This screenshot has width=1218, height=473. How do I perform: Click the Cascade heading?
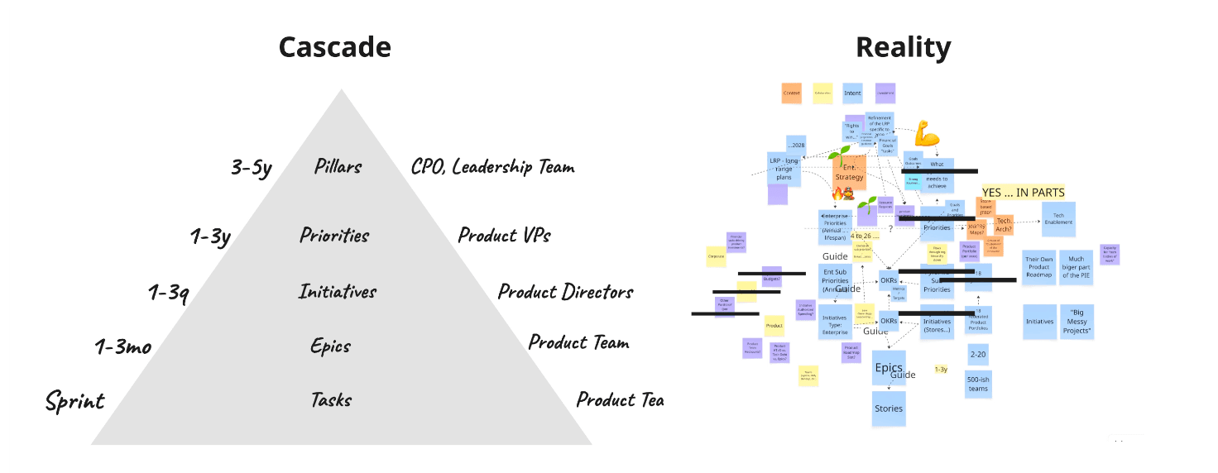coord(334,47)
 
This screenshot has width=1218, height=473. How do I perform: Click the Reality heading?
coord(903,47)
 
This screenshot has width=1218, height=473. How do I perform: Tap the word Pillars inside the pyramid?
coord(338,166)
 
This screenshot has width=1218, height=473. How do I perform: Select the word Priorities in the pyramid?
coord(334,235)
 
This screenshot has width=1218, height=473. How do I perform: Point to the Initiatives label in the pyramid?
coord(337,291)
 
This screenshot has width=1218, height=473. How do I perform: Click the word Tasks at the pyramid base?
coord(331,400)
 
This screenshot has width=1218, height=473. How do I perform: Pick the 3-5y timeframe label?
coord(252,167)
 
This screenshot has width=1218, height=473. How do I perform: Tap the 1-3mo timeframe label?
coord(123,346)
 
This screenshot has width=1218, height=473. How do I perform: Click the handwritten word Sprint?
coord(75,402)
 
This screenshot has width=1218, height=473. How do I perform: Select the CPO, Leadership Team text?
coord(492,167)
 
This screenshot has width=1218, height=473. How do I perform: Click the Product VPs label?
coord(504,235)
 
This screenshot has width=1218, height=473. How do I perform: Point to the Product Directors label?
coord(565,291)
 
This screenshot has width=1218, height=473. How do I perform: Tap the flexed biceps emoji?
coord(926,132)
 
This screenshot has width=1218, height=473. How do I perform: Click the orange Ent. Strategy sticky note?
coord(849,172)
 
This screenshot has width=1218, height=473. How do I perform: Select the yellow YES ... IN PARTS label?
coord(1023,193)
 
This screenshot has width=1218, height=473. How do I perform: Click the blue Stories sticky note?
coord(889,408)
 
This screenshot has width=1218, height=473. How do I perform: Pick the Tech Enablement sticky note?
coord(1058,218)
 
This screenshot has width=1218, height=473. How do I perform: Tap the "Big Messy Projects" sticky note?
coord(1077,321)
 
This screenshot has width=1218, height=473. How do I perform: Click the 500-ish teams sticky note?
coord(978,383)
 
